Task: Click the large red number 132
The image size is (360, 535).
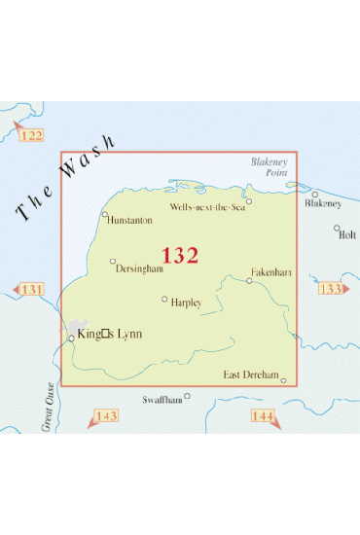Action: click(180, 256)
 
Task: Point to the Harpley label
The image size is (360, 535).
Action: click(185, 303)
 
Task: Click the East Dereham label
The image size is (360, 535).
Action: click(251, 375)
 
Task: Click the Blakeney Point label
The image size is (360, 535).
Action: click(266, 166)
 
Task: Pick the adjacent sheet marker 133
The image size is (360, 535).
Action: click(331, 289)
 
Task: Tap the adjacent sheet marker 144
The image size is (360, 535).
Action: click(265, 416)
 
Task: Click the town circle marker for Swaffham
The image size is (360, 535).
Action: click(189, 396)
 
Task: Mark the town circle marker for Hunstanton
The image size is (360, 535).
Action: click(105, 213)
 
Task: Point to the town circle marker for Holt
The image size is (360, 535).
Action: click(338, 229)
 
